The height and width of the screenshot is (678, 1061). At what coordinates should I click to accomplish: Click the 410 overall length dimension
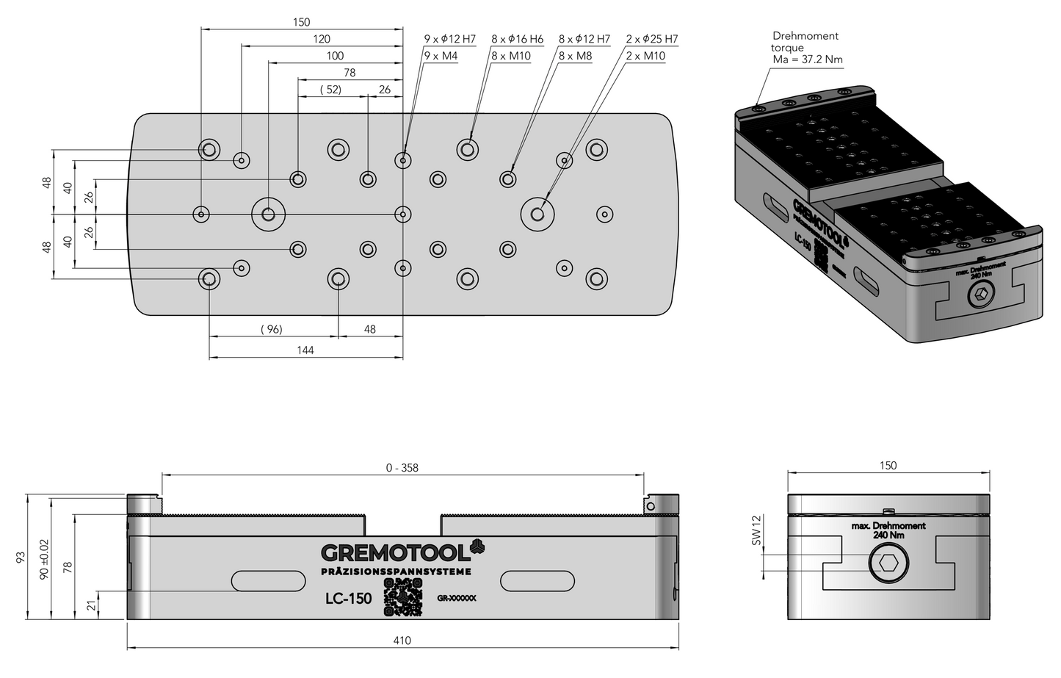point(402,641)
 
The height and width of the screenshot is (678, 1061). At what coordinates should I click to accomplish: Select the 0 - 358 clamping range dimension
point(402,467)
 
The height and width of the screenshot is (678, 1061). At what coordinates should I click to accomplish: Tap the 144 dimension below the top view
point(305,350)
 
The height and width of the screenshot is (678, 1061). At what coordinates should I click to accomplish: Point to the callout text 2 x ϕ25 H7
point(652,39)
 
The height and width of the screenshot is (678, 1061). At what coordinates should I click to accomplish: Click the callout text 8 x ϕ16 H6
point(517,39)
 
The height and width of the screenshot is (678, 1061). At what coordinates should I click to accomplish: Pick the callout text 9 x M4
point(441,56)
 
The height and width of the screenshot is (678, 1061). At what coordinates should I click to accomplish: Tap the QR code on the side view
point(404,597)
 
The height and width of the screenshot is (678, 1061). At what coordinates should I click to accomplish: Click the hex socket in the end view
point(888,564)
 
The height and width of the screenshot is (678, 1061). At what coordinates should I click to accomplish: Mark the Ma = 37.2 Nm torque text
point(808,60)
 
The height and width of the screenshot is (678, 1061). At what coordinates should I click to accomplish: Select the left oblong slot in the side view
point(268,580)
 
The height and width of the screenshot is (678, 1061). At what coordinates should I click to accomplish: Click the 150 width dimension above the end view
point(888,466)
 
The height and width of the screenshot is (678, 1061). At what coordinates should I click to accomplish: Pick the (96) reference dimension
point(272,329)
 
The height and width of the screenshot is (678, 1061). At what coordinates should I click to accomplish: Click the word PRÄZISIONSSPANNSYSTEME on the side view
point(396,571)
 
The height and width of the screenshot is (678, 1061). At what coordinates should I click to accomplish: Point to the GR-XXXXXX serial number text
point(456,599)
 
